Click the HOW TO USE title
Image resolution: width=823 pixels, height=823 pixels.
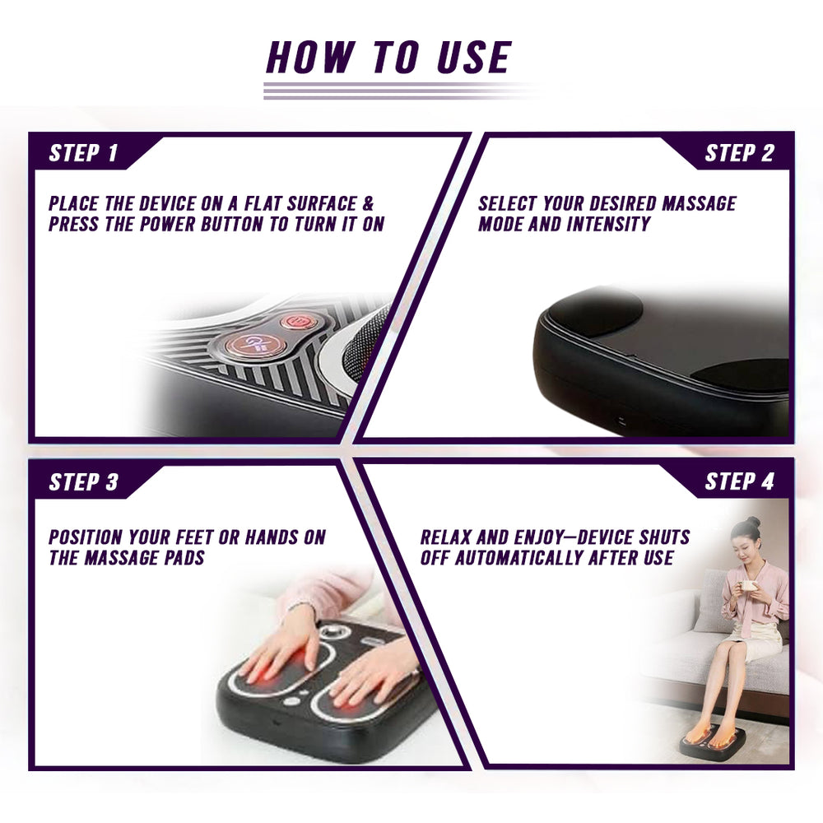(388, 58)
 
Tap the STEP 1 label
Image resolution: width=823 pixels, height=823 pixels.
(83, 153)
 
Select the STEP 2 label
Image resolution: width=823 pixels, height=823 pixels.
(739, 153)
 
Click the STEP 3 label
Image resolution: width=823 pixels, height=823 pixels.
(83, 481)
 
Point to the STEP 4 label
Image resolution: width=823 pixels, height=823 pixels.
(739, 481)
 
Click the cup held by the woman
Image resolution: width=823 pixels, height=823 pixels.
(749, 587)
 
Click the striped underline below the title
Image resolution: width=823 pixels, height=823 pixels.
(395, 91)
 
